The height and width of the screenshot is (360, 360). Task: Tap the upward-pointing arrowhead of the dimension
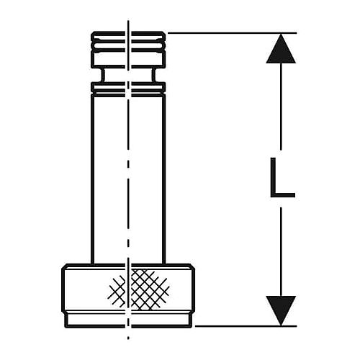(x=281, y=49)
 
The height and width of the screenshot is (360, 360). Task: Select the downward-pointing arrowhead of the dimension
(x=281, y=310)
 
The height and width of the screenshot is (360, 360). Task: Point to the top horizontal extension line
(x=232, y=32)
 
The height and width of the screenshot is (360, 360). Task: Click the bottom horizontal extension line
(x=246, y=326)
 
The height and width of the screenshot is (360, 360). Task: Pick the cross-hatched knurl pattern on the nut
(x=138, y=289)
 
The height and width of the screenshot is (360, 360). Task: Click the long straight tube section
(x=128, y=179)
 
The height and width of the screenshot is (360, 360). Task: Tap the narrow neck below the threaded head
(x=128, y=75)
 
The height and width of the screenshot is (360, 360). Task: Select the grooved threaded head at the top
(x=128, y=49)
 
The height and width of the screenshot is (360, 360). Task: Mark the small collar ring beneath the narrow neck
(x=128, y=88)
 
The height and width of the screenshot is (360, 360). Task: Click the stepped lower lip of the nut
(x=128, y=320)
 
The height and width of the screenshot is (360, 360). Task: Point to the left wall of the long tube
(x=92, y=179)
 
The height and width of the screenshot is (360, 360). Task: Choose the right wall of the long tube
(x=164, y=179)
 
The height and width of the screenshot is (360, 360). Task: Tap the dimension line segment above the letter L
(x=281, y=107)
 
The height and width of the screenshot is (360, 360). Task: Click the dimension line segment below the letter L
(x=281, y=252)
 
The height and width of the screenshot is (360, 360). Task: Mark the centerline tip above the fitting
(x=128, y=21)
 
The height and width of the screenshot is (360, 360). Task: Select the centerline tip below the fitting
(x=128, y=338)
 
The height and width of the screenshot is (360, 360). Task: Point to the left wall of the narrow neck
(x=103, y=75)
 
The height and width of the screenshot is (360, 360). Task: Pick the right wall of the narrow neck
(x=153, y=75)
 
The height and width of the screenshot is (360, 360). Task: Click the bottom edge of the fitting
(x=128, y=326)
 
